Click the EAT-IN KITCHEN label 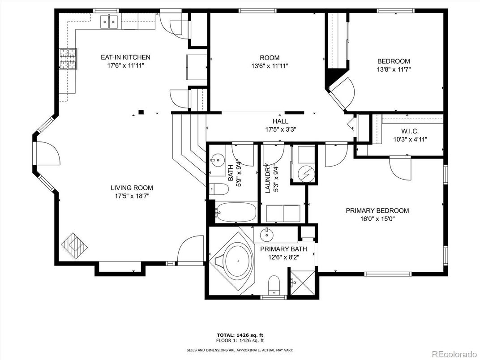tap(125, 57)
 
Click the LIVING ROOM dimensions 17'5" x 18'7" tap(132, 196)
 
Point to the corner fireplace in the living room tap(74, 245)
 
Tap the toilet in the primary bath tap(274, 284)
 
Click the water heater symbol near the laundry tap(304, 171)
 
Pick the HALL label tap(280, 121)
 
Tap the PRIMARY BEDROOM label tap(377, 210)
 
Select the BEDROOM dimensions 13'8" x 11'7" tap(394, 69)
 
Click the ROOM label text tap(270, 58)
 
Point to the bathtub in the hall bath tap(236, 211)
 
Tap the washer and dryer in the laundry tap(283, 213)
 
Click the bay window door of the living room tap(46, 154)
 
